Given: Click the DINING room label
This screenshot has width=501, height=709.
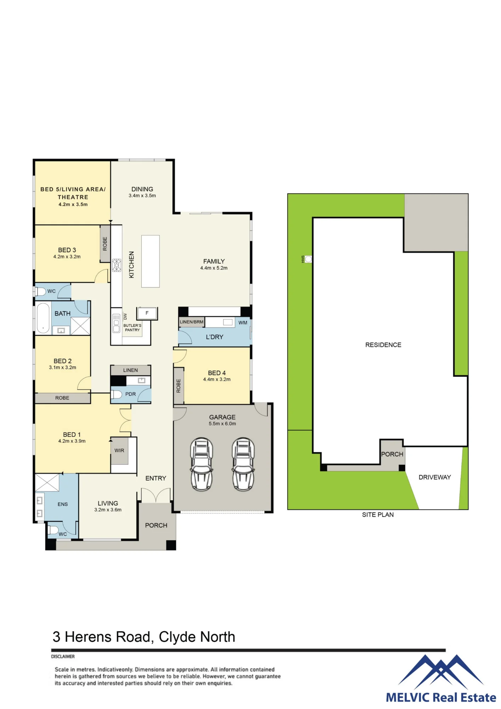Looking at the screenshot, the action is (142, 189).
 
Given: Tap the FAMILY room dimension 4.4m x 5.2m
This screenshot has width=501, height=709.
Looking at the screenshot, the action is (214, 268).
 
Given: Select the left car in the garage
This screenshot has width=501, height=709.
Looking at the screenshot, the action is (202, 464).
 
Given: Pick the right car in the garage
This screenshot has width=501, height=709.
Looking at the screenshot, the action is (243, 464).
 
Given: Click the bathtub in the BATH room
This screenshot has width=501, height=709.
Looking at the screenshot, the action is (43, 318).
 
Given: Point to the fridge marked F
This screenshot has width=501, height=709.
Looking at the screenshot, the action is (147, 313).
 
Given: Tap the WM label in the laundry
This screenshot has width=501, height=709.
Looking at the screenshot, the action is (243, 323).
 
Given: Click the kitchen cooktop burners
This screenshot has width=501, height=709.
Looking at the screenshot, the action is (117, 265).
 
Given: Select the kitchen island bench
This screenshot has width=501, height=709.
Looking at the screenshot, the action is (150, 261).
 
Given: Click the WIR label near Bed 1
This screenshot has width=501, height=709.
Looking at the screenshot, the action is (119, 451).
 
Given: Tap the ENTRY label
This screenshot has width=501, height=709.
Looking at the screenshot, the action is (156, 478).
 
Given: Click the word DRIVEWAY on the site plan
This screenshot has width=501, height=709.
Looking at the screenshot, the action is (435, 477).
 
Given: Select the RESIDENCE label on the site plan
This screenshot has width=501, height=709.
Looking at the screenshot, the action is (383, 345).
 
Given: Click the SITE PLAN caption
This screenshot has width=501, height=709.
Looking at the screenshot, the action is (378, 515).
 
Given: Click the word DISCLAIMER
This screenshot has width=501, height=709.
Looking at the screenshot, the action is (63, 657).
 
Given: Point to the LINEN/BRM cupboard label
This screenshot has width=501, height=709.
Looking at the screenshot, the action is (192, 322).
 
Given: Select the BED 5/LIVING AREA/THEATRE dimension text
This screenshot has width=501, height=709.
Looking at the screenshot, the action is (73, 205).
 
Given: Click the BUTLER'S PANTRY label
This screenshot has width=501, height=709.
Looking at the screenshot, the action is (132, 328).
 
